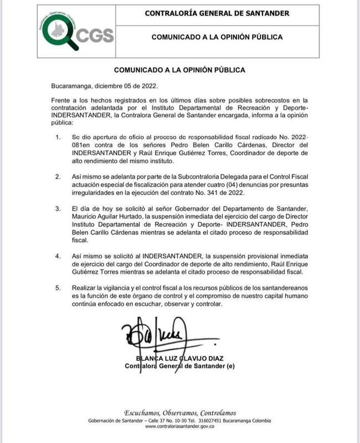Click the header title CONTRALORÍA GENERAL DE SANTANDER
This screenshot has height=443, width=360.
[217, 13]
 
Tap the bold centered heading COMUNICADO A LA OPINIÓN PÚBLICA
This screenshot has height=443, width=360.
[179, 70]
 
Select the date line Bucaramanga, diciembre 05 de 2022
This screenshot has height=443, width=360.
[104, 86]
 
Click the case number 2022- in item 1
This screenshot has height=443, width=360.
[299, 137]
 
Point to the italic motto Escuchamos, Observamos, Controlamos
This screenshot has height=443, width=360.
[179, 413]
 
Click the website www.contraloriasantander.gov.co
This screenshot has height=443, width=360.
[179, 426]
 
